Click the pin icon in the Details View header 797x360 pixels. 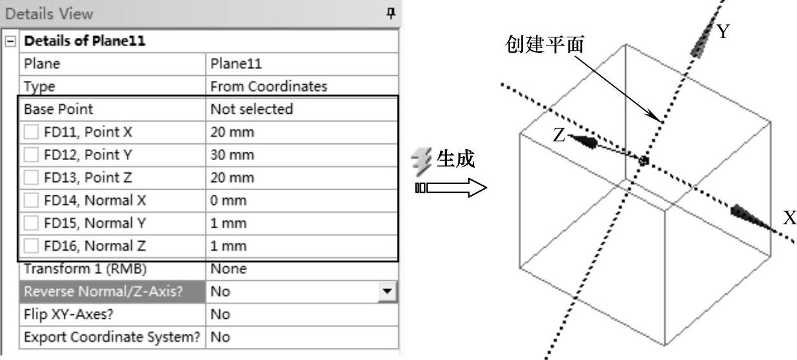[390, 13]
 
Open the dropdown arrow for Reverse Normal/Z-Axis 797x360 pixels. [387, 292]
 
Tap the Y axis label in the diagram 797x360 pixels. [724, 32]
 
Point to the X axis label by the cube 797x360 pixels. [789, 219]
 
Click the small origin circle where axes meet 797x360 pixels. [643, 160]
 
